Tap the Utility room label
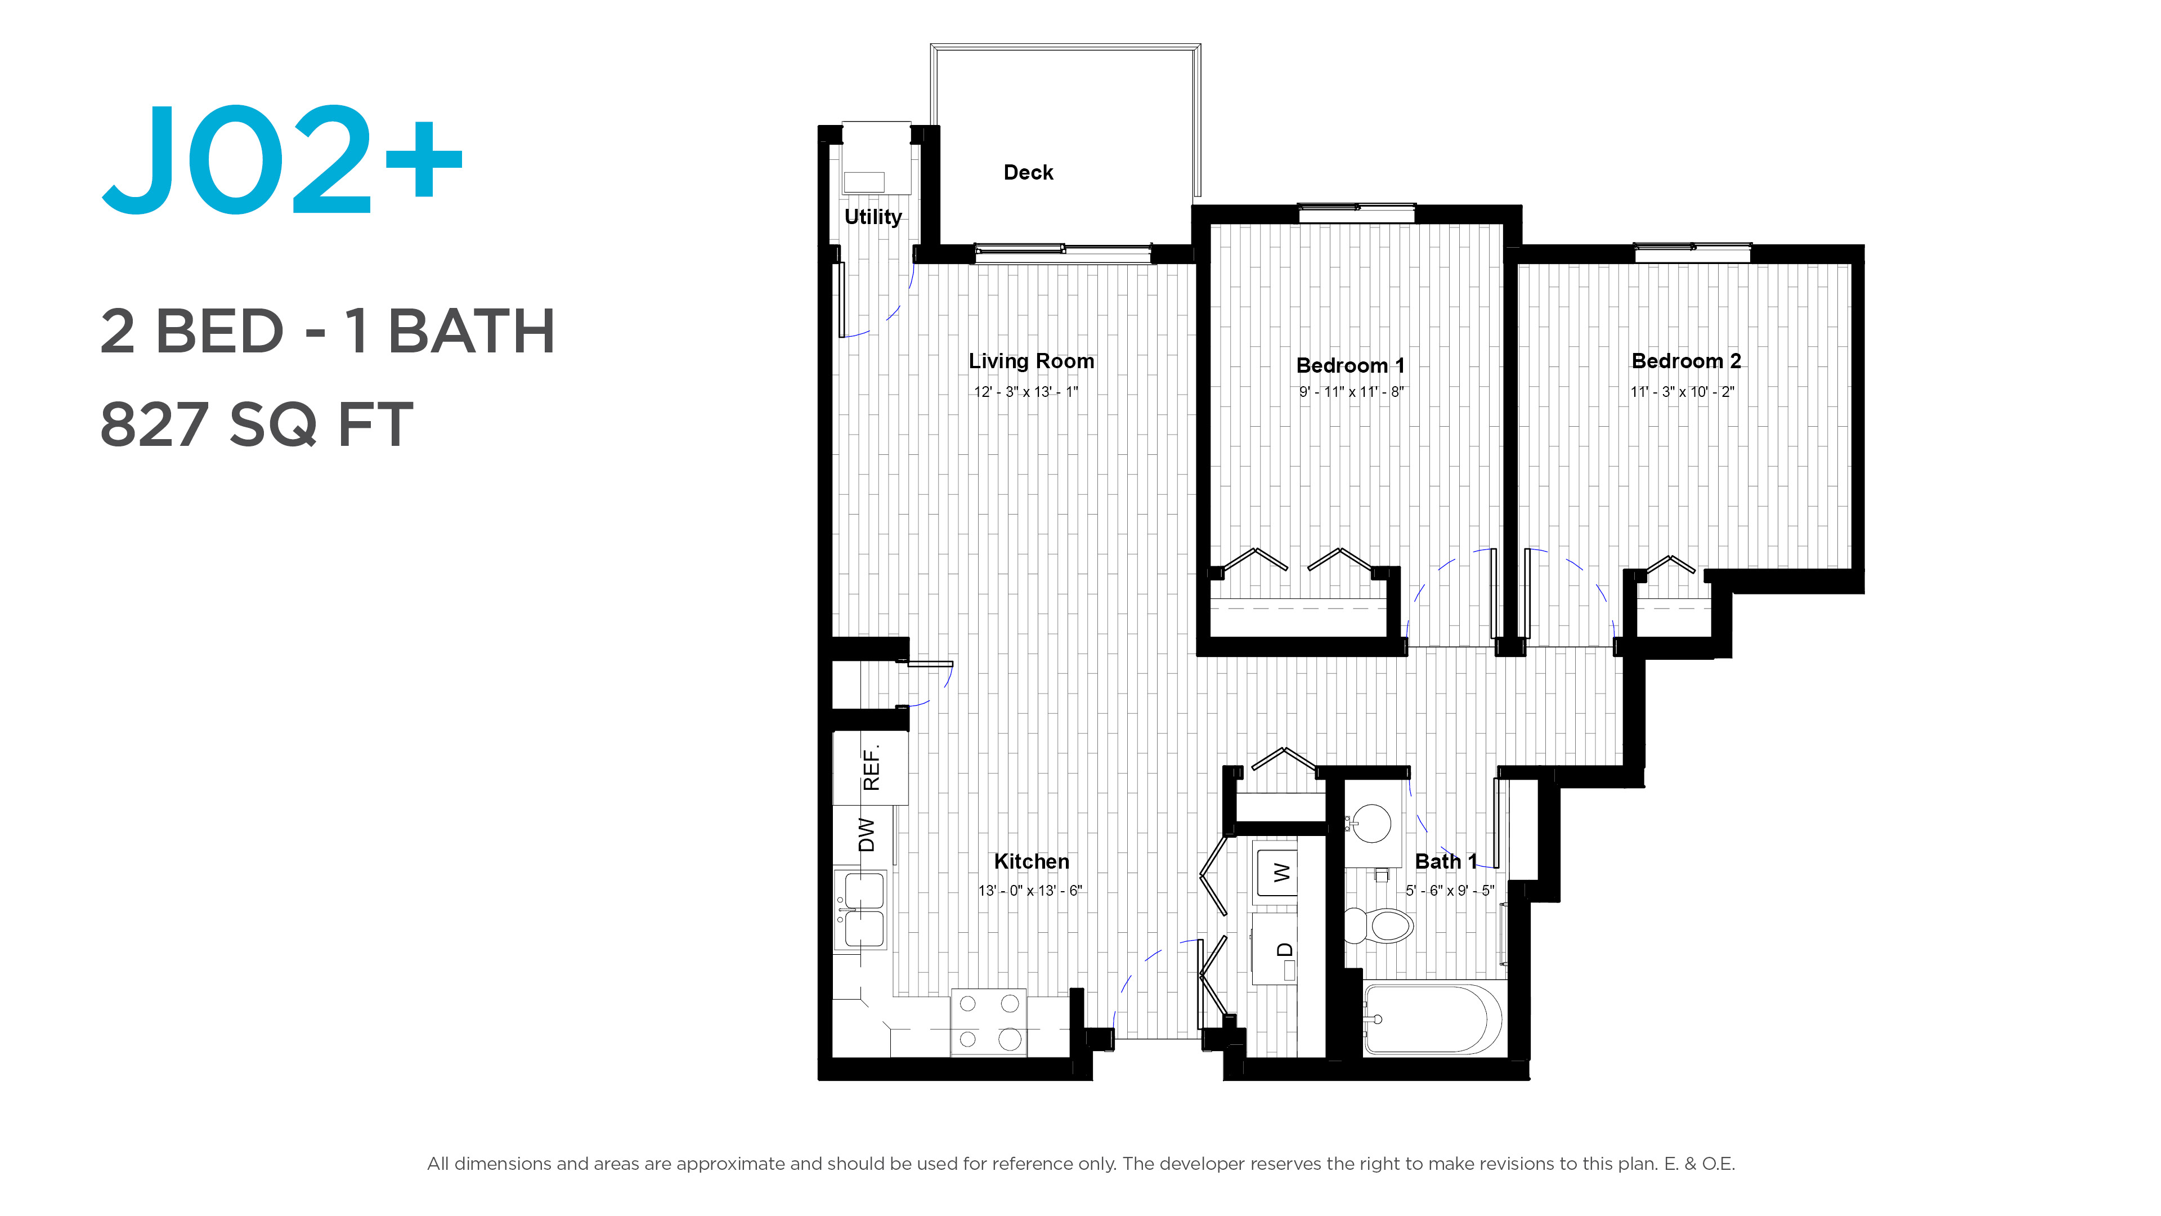tap(872, 217)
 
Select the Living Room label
tap(1031, 361)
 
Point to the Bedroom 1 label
tap(1350, 365)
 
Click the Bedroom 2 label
tap(1686, 361)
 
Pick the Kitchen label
tap(1031, 861)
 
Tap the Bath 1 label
tap(1445, 861)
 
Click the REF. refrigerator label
tap(872, 767)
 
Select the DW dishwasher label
tap(867, 834)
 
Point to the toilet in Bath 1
tap(1378, 926)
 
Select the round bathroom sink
tap(1370, 823)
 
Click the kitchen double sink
tap(860, 910)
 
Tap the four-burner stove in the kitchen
tap(988, 1021)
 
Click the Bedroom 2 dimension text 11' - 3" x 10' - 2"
tap(1682, 392)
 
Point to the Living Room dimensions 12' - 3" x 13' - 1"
tap(1025, 392)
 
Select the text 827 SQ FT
tap(257, 424)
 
